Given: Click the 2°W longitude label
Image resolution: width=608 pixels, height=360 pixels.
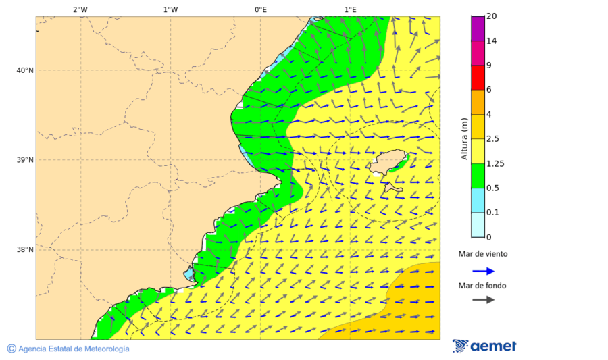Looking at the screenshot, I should (x=80, y=9).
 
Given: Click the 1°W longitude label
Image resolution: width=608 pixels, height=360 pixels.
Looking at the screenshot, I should (x=170, y=9).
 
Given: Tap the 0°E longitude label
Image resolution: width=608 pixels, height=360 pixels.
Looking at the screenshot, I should (x=260, y=9).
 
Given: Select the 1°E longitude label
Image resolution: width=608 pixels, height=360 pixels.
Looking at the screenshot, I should (x=351, y=9).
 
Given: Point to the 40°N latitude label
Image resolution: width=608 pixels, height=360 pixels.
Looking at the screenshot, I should (x=24, y=70).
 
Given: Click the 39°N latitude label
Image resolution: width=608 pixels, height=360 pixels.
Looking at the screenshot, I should (x=24, y=160).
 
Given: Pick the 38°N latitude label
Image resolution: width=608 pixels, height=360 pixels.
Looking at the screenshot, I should (x=24, y=250).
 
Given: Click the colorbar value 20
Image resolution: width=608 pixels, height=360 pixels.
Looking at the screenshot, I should (x=492, y=16).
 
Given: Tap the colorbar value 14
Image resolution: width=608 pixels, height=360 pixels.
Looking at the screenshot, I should (x=492, y=41).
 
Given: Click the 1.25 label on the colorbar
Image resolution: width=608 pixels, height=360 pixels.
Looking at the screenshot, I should (x=495, y=163).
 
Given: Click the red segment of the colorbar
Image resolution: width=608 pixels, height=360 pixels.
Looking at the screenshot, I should (x=478, y=78).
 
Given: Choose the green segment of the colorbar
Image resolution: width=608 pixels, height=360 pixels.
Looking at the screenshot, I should (x=478, y=176).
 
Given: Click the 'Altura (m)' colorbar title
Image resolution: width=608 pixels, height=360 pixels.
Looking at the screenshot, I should (x=464, y=138).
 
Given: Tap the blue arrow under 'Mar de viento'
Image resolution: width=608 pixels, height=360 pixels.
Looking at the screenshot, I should (x=483, y=271).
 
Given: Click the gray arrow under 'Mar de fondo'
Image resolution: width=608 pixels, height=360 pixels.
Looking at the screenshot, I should (x=483, y=300).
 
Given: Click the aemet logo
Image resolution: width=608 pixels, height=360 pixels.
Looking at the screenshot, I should (x=484, y=346).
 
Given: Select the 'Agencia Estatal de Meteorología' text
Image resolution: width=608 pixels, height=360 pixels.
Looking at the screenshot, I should (x=73, y=349).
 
